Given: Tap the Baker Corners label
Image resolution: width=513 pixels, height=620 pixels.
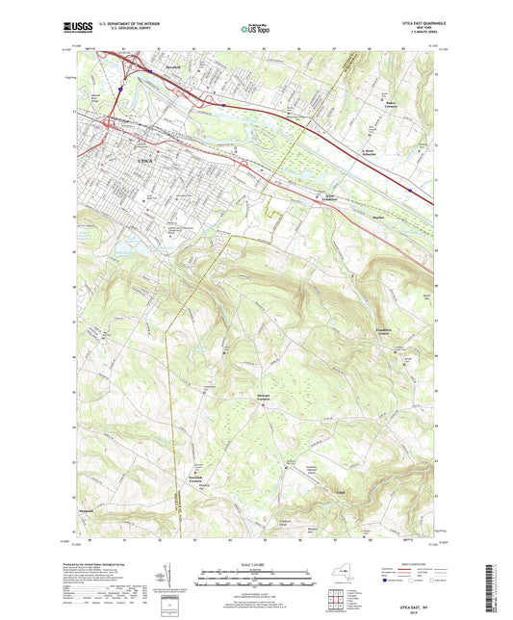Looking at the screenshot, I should point(391,103).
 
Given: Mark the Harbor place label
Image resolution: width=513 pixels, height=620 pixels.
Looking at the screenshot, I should point(379,217).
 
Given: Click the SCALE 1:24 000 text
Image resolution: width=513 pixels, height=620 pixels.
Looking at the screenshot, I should point(256,562).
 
